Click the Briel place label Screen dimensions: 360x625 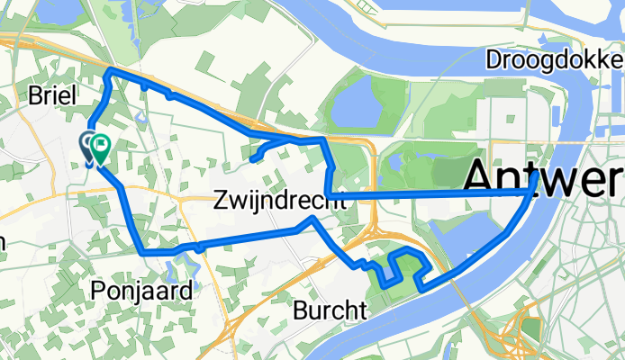49,94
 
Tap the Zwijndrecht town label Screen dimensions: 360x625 281,202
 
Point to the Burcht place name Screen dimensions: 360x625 331,310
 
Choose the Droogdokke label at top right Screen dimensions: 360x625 554,60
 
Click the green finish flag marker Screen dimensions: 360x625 100,144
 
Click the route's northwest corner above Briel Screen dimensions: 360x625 109,71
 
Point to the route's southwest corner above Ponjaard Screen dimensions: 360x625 143,252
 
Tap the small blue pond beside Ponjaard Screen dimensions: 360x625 189,267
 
